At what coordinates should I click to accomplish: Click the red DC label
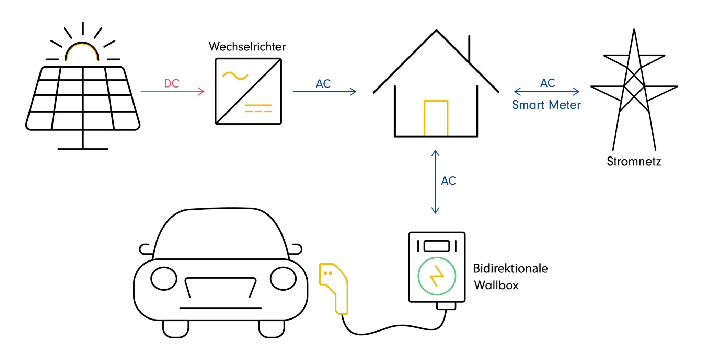[x=172, y=83]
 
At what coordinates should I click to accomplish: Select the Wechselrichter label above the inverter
[x=247, y=47]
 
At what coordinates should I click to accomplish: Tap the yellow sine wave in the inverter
[x=235, y=76]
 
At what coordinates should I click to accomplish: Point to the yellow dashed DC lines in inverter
[x=258, y=108]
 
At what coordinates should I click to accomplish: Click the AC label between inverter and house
[x=323, y=84]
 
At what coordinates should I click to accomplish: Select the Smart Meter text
[x=546, y=105]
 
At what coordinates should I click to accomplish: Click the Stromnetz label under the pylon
[x=634, y=161]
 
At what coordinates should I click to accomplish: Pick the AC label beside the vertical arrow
[x=448, y=181]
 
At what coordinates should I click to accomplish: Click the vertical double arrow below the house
[x=435, y=182]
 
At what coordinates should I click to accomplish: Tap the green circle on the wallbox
[x=437, y=276]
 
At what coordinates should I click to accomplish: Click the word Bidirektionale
[x=510, y=268]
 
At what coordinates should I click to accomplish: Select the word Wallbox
[x=496, y=285]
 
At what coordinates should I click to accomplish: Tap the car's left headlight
[x=164, y=278]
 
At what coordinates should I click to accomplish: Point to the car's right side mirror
[x=296, y=249]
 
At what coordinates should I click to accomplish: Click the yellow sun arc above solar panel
[x=82, y=48]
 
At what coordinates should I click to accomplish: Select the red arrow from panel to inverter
[x=173, y=91]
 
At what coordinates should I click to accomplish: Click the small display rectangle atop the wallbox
[x=437, y=246]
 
